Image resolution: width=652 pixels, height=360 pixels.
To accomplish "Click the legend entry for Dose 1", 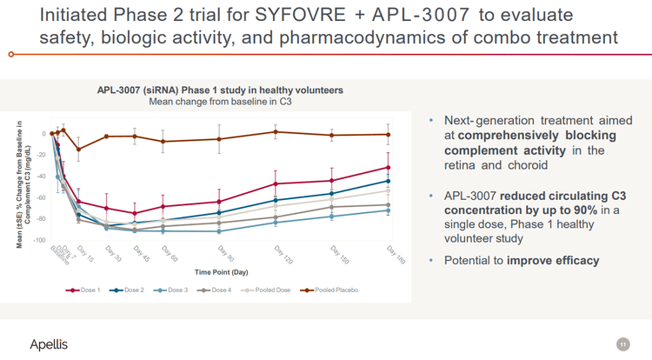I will click(85, 290).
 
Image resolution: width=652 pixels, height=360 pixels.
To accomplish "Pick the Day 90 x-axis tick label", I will click(230, 253).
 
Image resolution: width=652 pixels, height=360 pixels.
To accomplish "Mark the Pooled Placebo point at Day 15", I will click(79, 150).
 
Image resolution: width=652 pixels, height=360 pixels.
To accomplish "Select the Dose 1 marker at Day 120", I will click(276, 183).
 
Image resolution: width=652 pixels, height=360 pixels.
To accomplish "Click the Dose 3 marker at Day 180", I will click(388, 210).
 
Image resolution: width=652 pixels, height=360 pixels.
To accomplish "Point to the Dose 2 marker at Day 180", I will click(388, 181).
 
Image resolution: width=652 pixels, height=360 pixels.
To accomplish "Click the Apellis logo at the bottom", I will click(48, 345).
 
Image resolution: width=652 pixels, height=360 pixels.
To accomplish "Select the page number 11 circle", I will click(622, 344).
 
